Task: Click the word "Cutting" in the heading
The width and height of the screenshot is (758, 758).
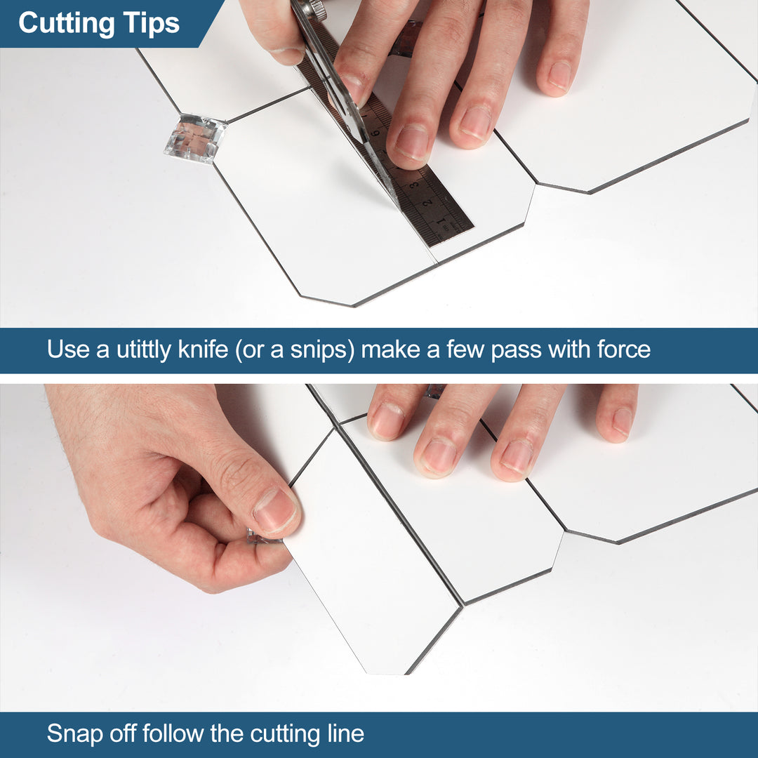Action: click(66, 23)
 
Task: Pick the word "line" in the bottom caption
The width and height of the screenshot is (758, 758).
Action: click(346, 734)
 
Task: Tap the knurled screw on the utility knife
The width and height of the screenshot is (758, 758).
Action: click(317, 9)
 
